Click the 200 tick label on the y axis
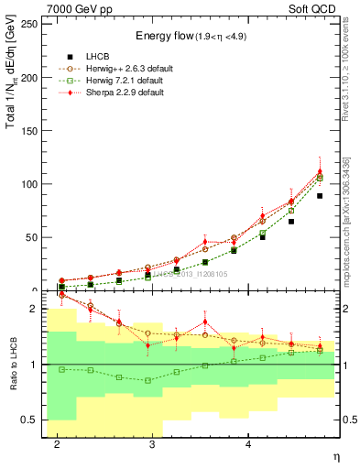point(29,78)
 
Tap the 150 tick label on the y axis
point(29,131)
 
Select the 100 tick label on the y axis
point(29,184)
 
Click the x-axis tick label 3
point(152,444)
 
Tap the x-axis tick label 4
point(248,444)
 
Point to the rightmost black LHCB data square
point(320,196)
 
